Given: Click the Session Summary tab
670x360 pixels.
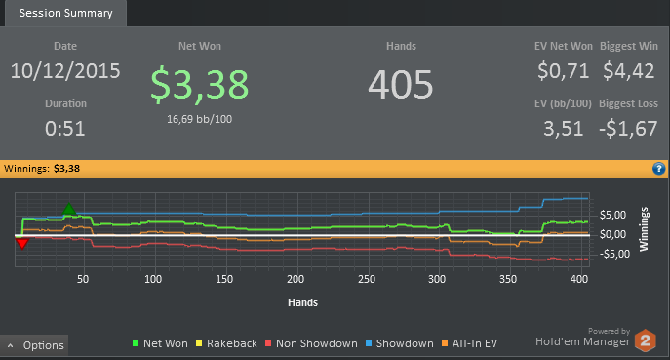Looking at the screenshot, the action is (65, 14).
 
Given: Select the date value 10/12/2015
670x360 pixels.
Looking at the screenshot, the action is (65, 71).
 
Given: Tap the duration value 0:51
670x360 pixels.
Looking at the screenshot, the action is (65, 128).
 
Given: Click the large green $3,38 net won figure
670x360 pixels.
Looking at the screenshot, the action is (200, 85).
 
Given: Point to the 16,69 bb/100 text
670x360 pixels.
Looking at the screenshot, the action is (200, 119).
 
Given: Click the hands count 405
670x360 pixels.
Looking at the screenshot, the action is (401, 85).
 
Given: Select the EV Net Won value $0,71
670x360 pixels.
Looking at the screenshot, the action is (564, 70).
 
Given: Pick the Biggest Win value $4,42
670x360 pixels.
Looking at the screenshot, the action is (629, 70).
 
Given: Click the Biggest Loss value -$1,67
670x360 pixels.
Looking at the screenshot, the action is (628, 128).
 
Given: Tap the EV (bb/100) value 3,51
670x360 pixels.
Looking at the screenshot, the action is (563, 128).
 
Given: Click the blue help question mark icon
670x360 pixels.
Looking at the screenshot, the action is (659, 169).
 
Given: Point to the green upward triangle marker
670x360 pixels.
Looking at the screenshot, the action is (69, 209).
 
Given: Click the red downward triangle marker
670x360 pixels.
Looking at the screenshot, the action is (21, 244).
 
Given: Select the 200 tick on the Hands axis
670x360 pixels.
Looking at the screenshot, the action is (296, 280).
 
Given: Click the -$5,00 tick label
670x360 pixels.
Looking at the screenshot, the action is (614, 254).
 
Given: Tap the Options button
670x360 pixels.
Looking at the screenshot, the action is (34, 345).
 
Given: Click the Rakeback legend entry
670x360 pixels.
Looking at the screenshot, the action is (226, 343).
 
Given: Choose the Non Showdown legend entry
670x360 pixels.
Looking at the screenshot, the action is (311, 343).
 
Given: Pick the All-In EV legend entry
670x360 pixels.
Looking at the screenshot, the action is (469, 343).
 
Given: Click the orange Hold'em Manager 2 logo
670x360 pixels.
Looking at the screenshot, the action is (646, 340).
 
